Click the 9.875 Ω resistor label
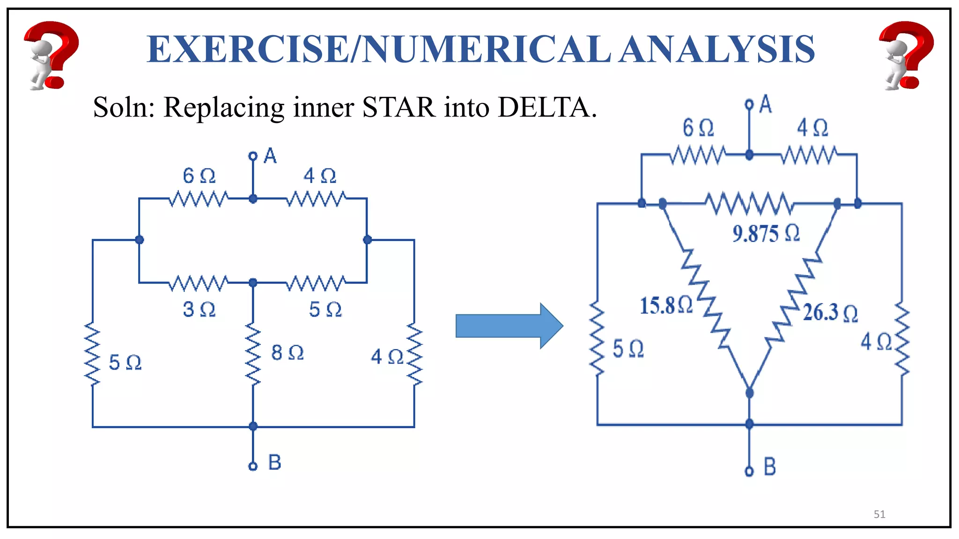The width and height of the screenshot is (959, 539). (x=766, y=233)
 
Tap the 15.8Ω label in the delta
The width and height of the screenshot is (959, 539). (x=666, y=306)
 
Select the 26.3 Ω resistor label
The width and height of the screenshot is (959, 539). (x=830, y=313)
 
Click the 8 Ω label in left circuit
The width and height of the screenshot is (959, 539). (x=287, y=353)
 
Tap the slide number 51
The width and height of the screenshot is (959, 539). (x=879, y=515)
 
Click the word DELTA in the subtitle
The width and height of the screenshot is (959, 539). (x=546, y=107)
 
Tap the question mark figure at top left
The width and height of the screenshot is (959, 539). (x=51, y=55)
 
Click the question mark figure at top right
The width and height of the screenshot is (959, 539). (x=906, y=55)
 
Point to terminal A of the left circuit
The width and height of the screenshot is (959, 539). (x=253, y=156)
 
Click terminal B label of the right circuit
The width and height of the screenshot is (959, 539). (x=770, y=467)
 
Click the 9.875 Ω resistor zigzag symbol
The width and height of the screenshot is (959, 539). (x=749, y=204)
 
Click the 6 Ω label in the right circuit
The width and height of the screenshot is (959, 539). (x=698, y=128)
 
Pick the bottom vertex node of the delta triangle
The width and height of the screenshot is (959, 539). (x=749, y=393)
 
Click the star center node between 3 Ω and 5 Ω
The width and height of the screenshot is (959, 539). (x=253, y=283)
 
